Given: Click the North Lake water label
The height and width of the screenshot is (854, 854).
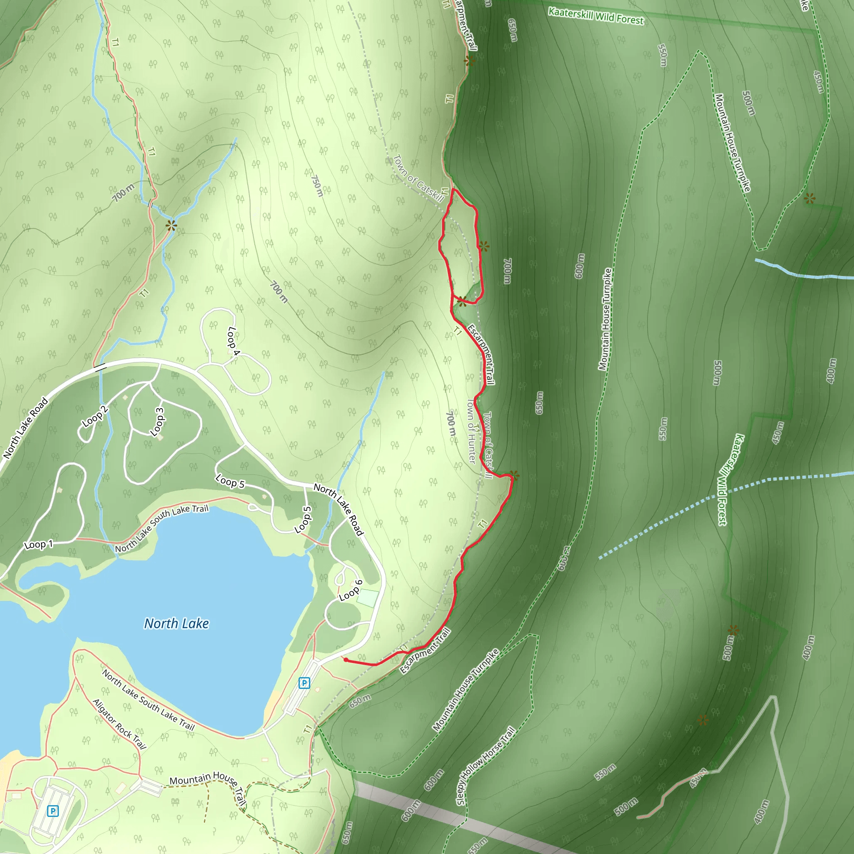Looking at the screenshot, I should pyautogui.click(x=176, y=623).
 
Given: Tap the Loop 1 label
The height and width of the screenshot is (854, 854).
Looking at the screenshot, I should pyautogui.click(x=38, y=545).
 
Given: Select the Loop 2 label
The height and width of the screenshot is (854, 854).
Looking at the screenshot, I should pyautogui.click(x=95, y=417).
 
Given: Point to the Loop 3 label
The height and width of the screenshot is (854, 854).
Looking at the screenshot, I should pyautogui.click(x=157, y=422).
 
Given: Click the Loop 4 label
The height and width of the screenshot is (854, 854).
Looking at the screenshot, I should pyautogui.click(x=233, y=341).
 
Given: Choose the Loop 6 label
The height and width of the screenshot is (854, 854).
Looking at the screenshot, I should pyautogui.click(x=351, y=590).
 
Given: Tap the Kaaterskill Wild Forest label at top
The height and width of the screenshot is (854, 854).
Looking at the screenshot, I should pyautogui.click(x=596, y=16).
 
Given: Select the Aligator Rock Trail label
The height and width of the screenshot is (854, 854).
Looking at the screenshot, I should pyautogui.click(x=119, y=724).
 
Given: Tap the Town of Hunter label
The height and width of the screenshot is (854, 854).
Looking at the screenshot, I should pyautogui.click(x=472, y=432).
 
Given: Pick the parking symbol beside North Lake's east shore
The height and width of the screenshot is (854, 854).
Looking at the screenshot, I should pyautogui.click(x=304, y=683).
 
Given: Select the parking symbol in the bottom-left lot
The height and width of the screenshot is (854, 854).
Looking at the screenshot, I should pyautogui.click(x=53, y=811).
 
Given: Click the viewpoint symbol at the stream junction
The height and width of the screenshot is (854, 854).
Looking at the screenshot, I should pyautogui.click(x=171, y=226).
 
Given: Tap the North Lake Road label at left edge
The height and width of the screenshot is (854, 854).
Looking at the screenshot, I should pyautogui.click(x=25, y=428).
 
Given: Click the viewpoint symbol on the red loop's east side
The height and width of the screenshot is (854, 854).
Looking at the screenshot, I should pyautogui.click(x=484, y=246).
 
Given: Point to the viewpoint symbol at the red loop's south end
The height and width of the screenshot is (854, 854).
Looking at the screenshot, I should pyautogui.click(x=462, y=301).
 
